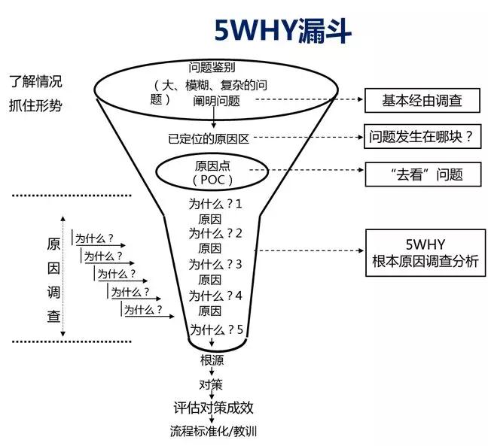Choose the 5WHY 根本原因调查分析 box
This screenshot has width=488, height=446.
click(x=424, y=252)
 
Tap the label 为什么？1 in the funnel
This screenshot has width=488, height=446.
click(x=215, y=203)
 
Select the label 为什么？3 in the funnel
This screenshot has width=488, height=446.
click(x=215, y=264)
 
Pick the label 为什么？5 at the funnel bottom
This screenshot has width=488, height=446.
click(x=215, y=330)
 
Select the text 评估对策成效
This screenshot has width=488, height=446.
click(x=213, y=408)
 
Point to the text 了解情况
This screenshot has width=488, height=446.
click(x=35, y=80)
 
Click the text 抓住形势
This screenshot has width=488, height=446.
click(x=35, y=105)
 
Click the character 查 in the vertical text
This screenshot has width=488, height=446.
click(x=53, y=315)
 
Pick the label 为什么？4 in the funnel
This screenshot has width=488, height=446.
click(x=215, y=296)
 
